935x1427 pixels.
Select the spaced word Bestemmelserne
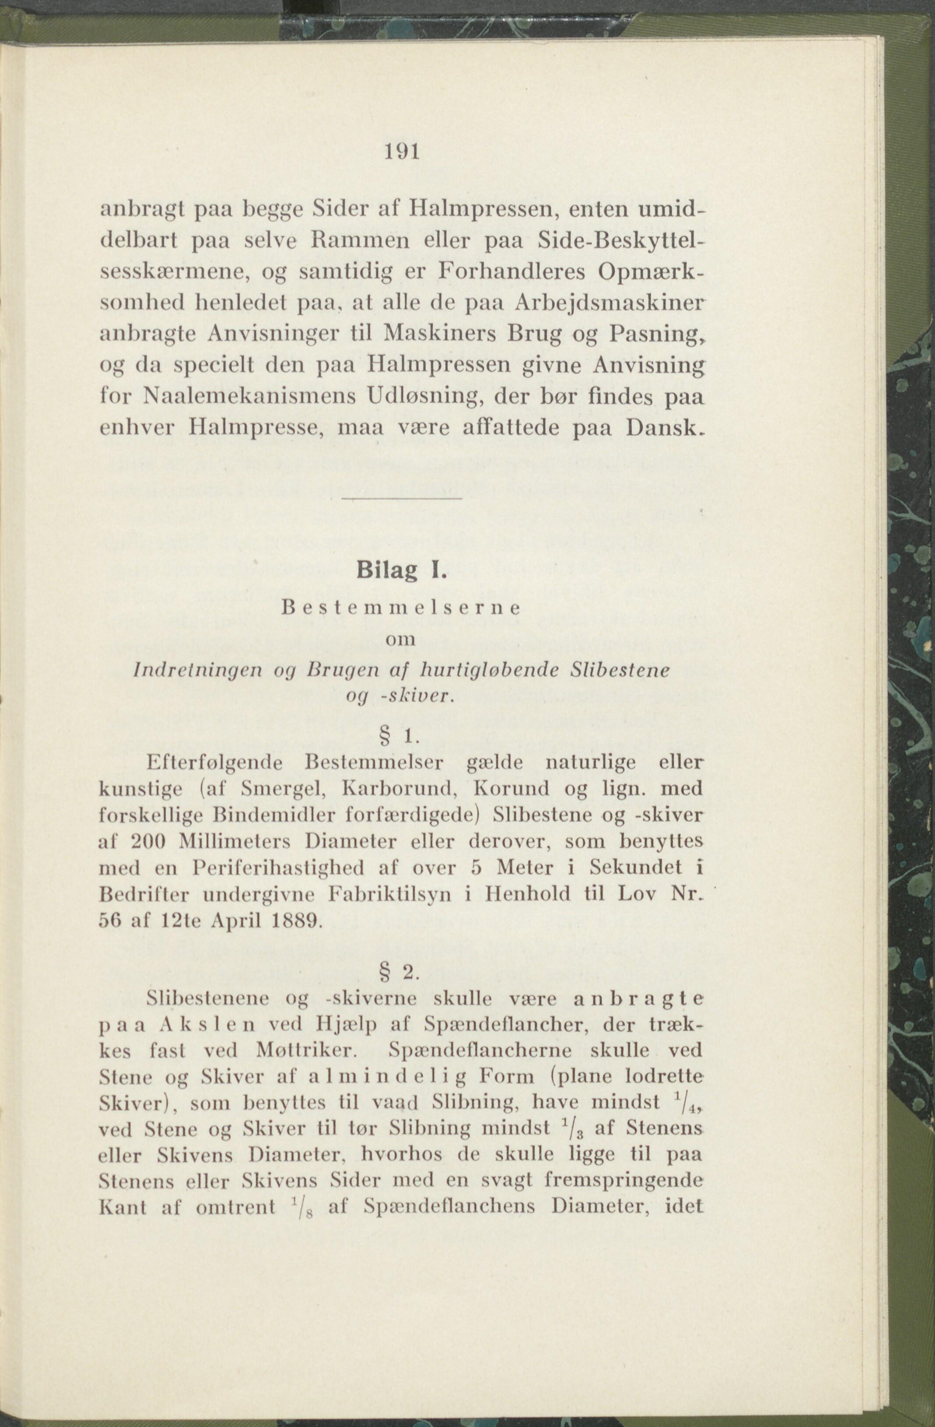pos(400,607)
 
